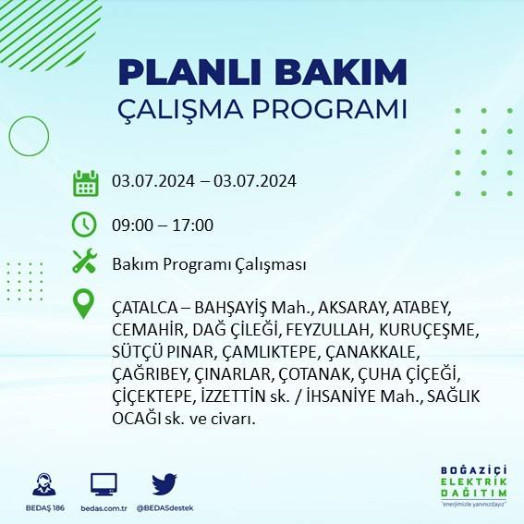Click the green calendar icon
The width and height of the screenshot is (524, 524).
[x=85, y=182]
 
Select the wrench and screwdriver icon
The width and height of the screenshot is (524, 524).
[x=85, y=262]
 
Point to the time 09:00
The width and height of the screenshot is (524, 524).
[x=131, y=225]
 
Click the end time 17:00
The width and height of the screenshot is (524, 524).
[x=194, y=225]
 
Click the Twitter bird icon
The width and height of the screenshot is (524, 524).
[x=164, y=483]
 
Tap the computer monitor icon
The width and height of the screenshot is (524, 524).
[x=104, y=483]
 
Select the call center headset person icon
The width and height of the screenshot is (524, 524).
[x=43, y=483]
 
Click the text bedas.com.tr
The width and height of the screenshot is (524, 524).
[x=104, y=508]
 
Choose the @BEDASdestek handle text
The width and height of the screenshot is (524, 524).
[x=164, y=508]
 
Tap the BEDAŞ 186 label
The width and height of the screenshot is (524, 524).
[x=43, y=508]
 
